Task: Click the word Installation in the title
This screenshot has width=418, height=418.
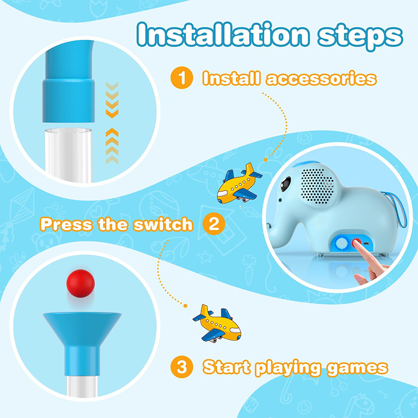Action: coord(223,34)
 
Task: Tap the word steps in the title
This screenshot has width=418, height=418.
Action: coord(360,37)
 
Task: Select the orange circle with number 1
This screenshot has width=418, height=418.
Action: coord(182,77)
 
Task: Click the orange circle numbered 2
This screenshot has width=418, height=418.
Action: coord(214,224)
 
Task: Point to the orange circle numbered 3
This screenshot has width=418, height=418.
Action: coord(182,367)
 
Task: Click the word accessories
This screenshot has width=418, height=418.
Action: coord(321,78)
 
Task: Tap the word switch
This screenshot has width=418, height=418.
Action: coord(163,224)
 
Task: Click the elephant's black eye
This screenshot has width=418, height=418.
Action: coord(285,183)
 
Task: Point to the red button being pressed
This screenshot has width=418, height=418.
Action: coord(356,242)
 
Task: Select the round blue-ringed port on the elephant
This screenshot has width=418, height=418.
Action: coord(342,243)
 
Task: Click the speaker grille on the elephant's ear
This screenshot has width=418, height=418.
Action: coord(317,186)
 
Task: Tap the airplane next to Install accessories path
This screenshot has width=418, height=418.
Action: coord(239,184)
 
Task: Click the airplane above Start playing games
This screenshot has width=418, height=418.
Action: coord(217,323)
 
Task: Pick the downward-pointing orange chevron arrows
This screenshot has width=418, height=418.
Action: coord(112,100)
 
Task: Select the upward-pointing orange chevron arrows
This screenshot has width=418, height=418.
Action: coord(112,146)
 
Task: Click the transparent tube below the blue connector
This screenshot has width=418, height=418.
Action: coord(68,155)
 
